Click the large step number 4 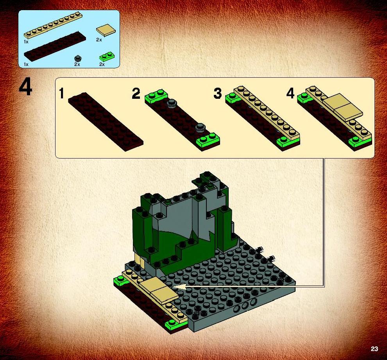click(25, 88)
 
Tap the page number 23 click(374, 349)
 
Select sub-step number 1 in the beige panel click(61, 94)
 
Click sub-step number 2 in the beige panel click(136, 94)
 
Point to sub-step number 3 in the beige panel click(217, 94)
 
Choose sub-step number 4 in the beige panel click(290, 94)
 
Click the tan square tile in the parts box click(106, 30)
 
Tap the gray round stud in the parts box click(78, 59)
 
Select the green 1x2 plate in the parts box click(107, 57)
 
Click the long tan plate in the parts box click(53, 25)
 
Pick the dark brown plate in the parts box click(55, 46)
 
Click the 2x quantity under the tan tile click(99, 40)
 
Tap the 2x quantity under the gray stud click(77, 64)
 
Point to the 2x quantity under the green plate click(102, 64)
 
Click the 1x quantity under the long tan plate click(26, 42)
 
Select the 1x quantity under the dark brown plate click(26, 64)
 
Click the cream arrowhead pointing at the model click(179, 286)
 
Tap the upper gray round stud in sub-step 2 click(172, 103)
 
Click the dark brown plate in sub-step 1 click(106, 122)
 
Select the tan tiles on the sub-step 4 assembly click(343, 107)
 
